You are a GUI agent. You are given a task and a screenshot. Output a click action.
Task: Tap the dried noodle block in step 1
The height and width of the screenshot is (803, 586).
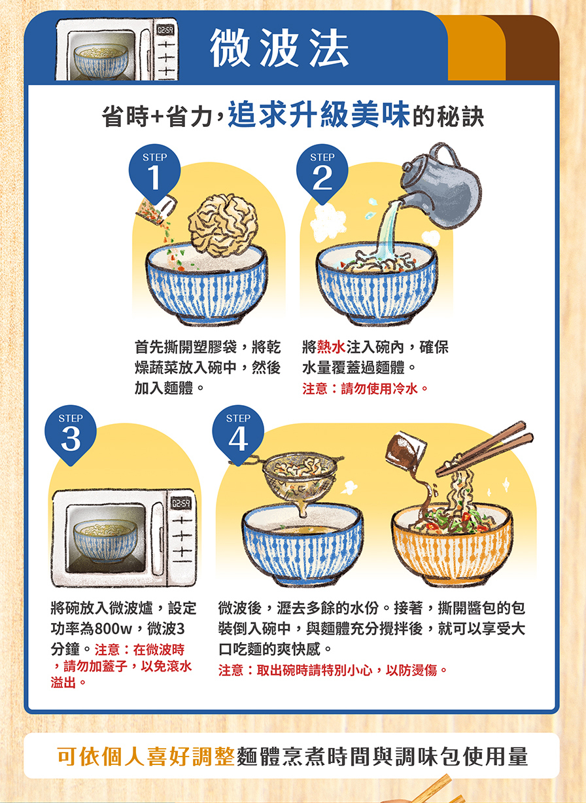[x=223, y=225]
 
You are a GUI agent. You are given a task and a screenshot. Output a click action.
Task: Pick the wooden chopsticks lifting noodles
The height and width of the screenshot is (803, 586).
[x=484, y=449]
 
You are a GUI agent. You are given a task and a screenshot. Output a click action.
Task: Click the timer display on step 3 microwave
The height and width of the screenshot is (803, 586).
[x=181, y=503]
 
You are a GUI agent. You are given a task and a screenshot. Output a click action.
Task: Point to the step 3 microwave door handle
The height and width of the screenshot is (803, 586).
[x=158, y=538]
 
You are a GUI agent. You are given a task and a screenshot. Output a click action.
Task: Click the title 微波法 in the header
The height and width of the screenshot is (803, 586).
[x=279, y=48]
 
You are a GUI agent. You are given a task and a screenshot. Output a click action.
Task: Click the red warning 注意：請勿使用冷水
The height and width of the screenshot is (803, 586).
[x=366, y=389]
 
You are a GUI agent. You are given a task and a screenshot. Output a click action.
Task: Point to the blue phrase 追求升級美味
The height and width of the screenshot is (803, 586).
[x=319, y=115]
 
